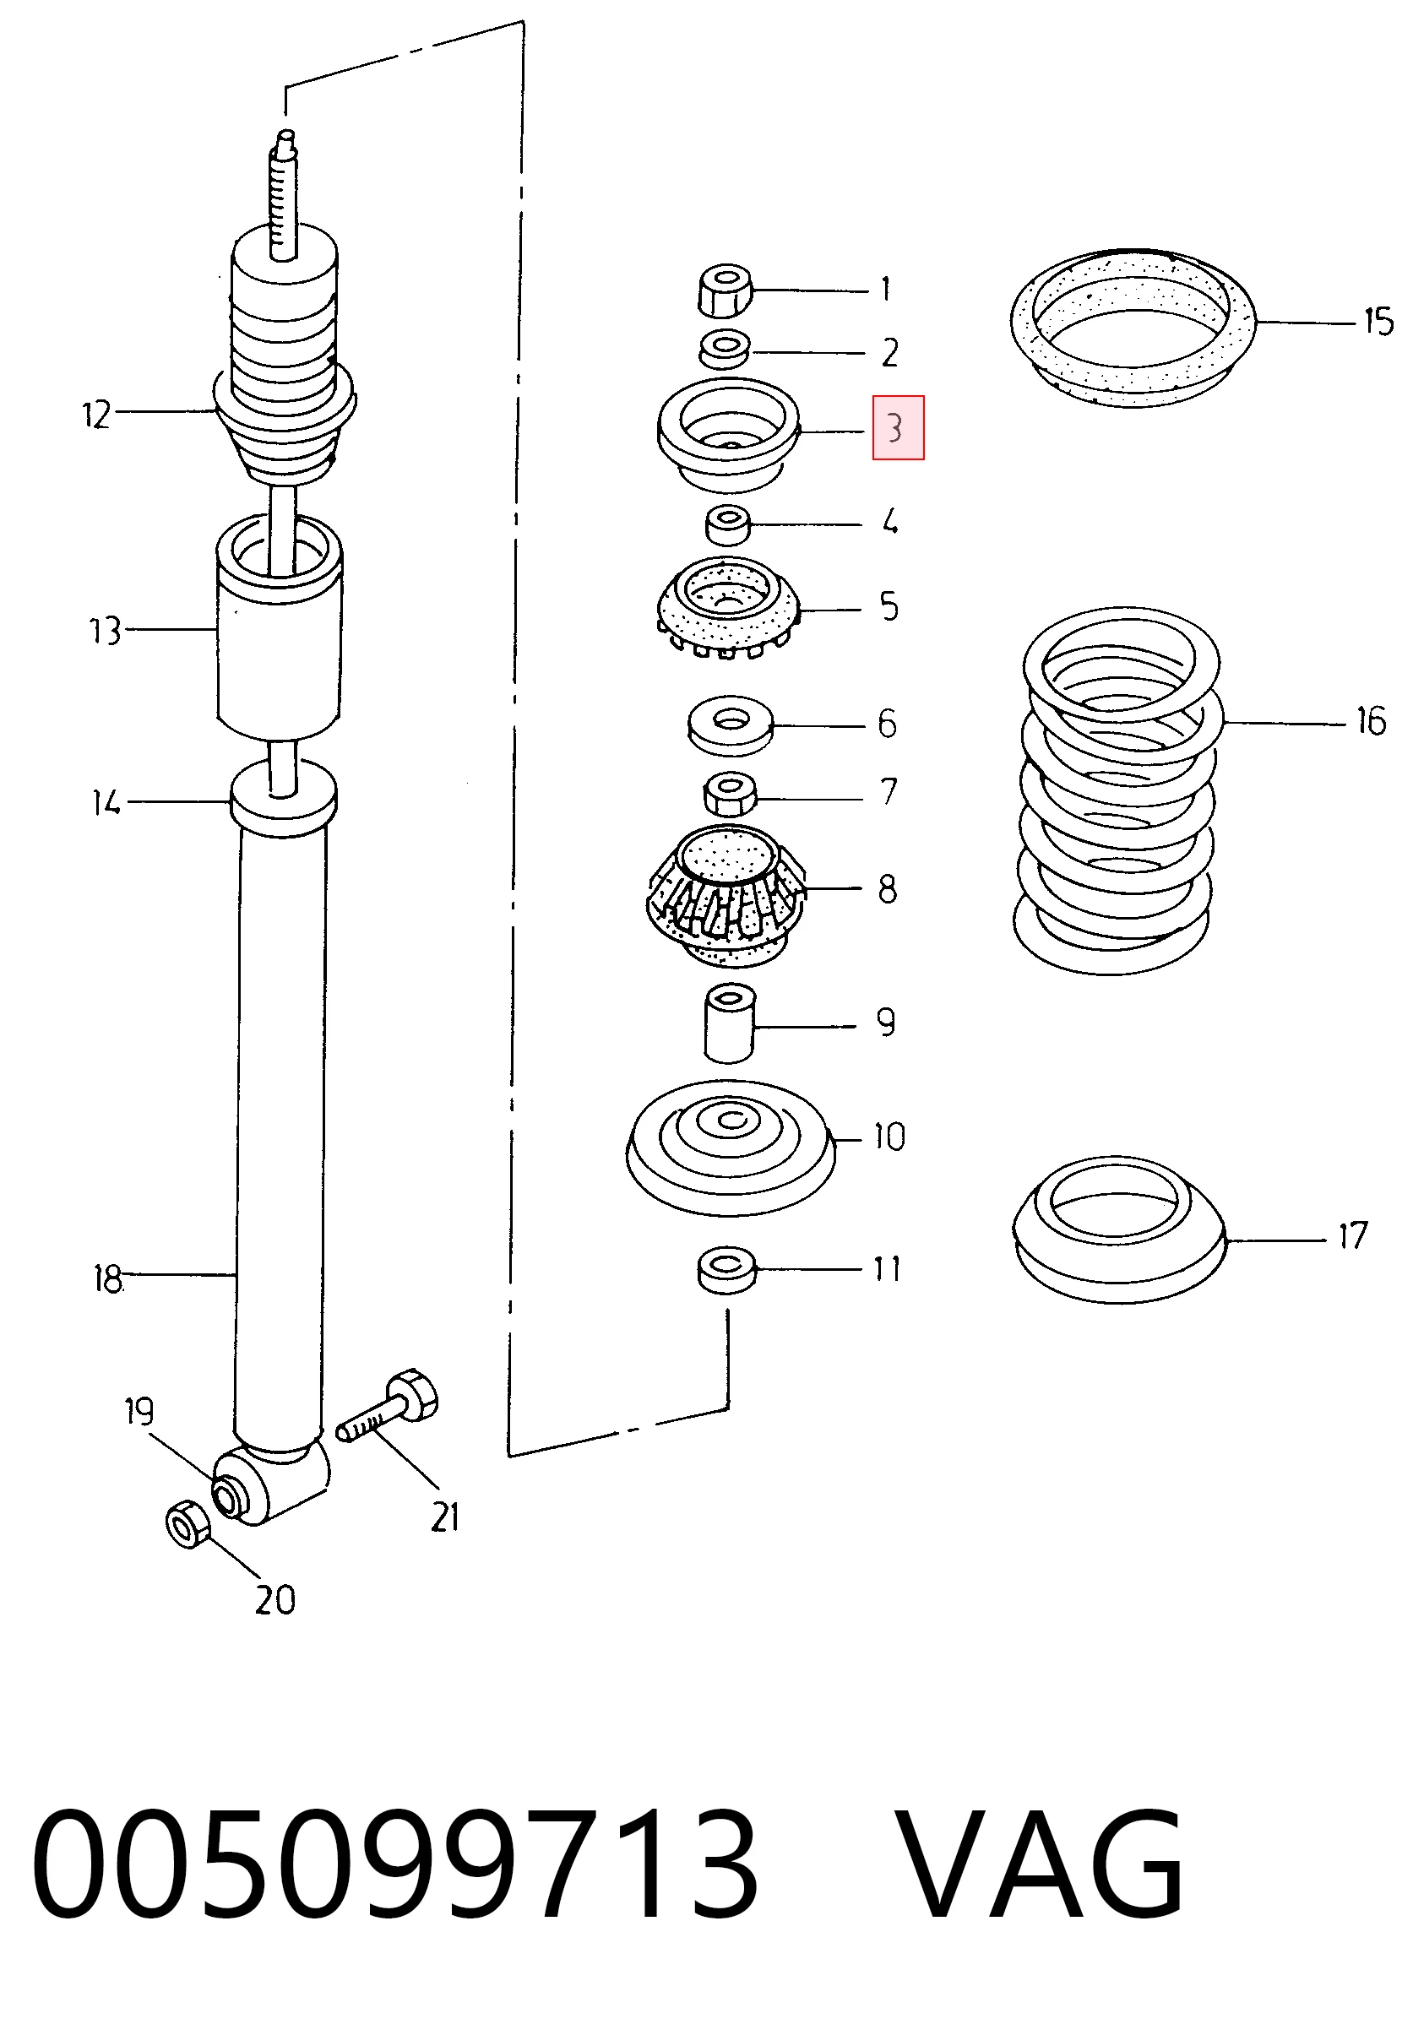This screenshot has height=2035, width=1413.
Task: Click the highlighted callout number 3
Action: click(898, 427)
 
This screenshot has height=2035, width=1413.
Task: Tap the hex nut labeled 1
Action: click(724, 289)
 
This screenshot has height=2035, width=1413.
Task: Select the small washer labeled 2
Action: click(724, 350)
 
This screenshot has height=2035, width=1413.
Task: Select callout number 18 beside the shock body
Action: click(107, 1279)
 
